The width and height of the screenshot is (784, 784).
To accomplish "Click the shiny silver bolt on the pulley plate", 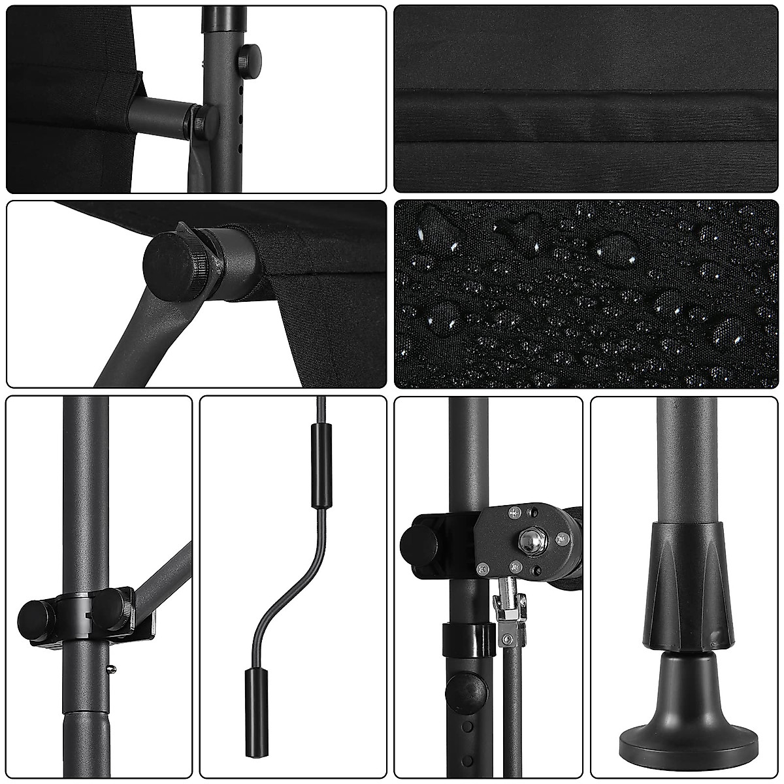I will coord(527,540).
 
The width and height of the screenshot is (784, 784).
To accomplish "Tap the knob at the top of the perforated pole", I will coord(250,58).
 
